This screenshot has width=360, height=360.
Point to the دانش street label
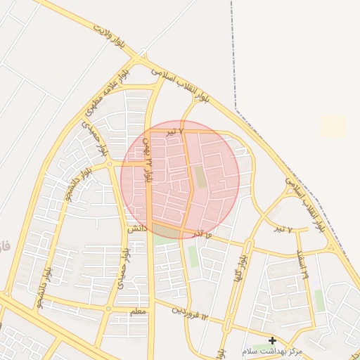[x=136, y=229]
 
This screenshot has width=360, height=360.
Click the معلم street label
[x=138, y=311]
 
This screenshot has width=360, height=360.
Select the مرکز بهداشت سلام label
[x=271, y=351]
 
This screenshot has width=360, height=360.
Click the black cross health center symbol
[x=272, y=340]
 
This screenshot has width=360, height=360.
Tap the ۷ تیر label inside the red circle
[x=174, y=131]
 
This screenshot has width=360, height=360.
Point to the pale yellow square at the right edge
[x=333, y=127]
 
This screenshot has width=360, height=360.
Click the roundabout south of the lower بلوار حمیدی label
[x=108, y=308]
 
